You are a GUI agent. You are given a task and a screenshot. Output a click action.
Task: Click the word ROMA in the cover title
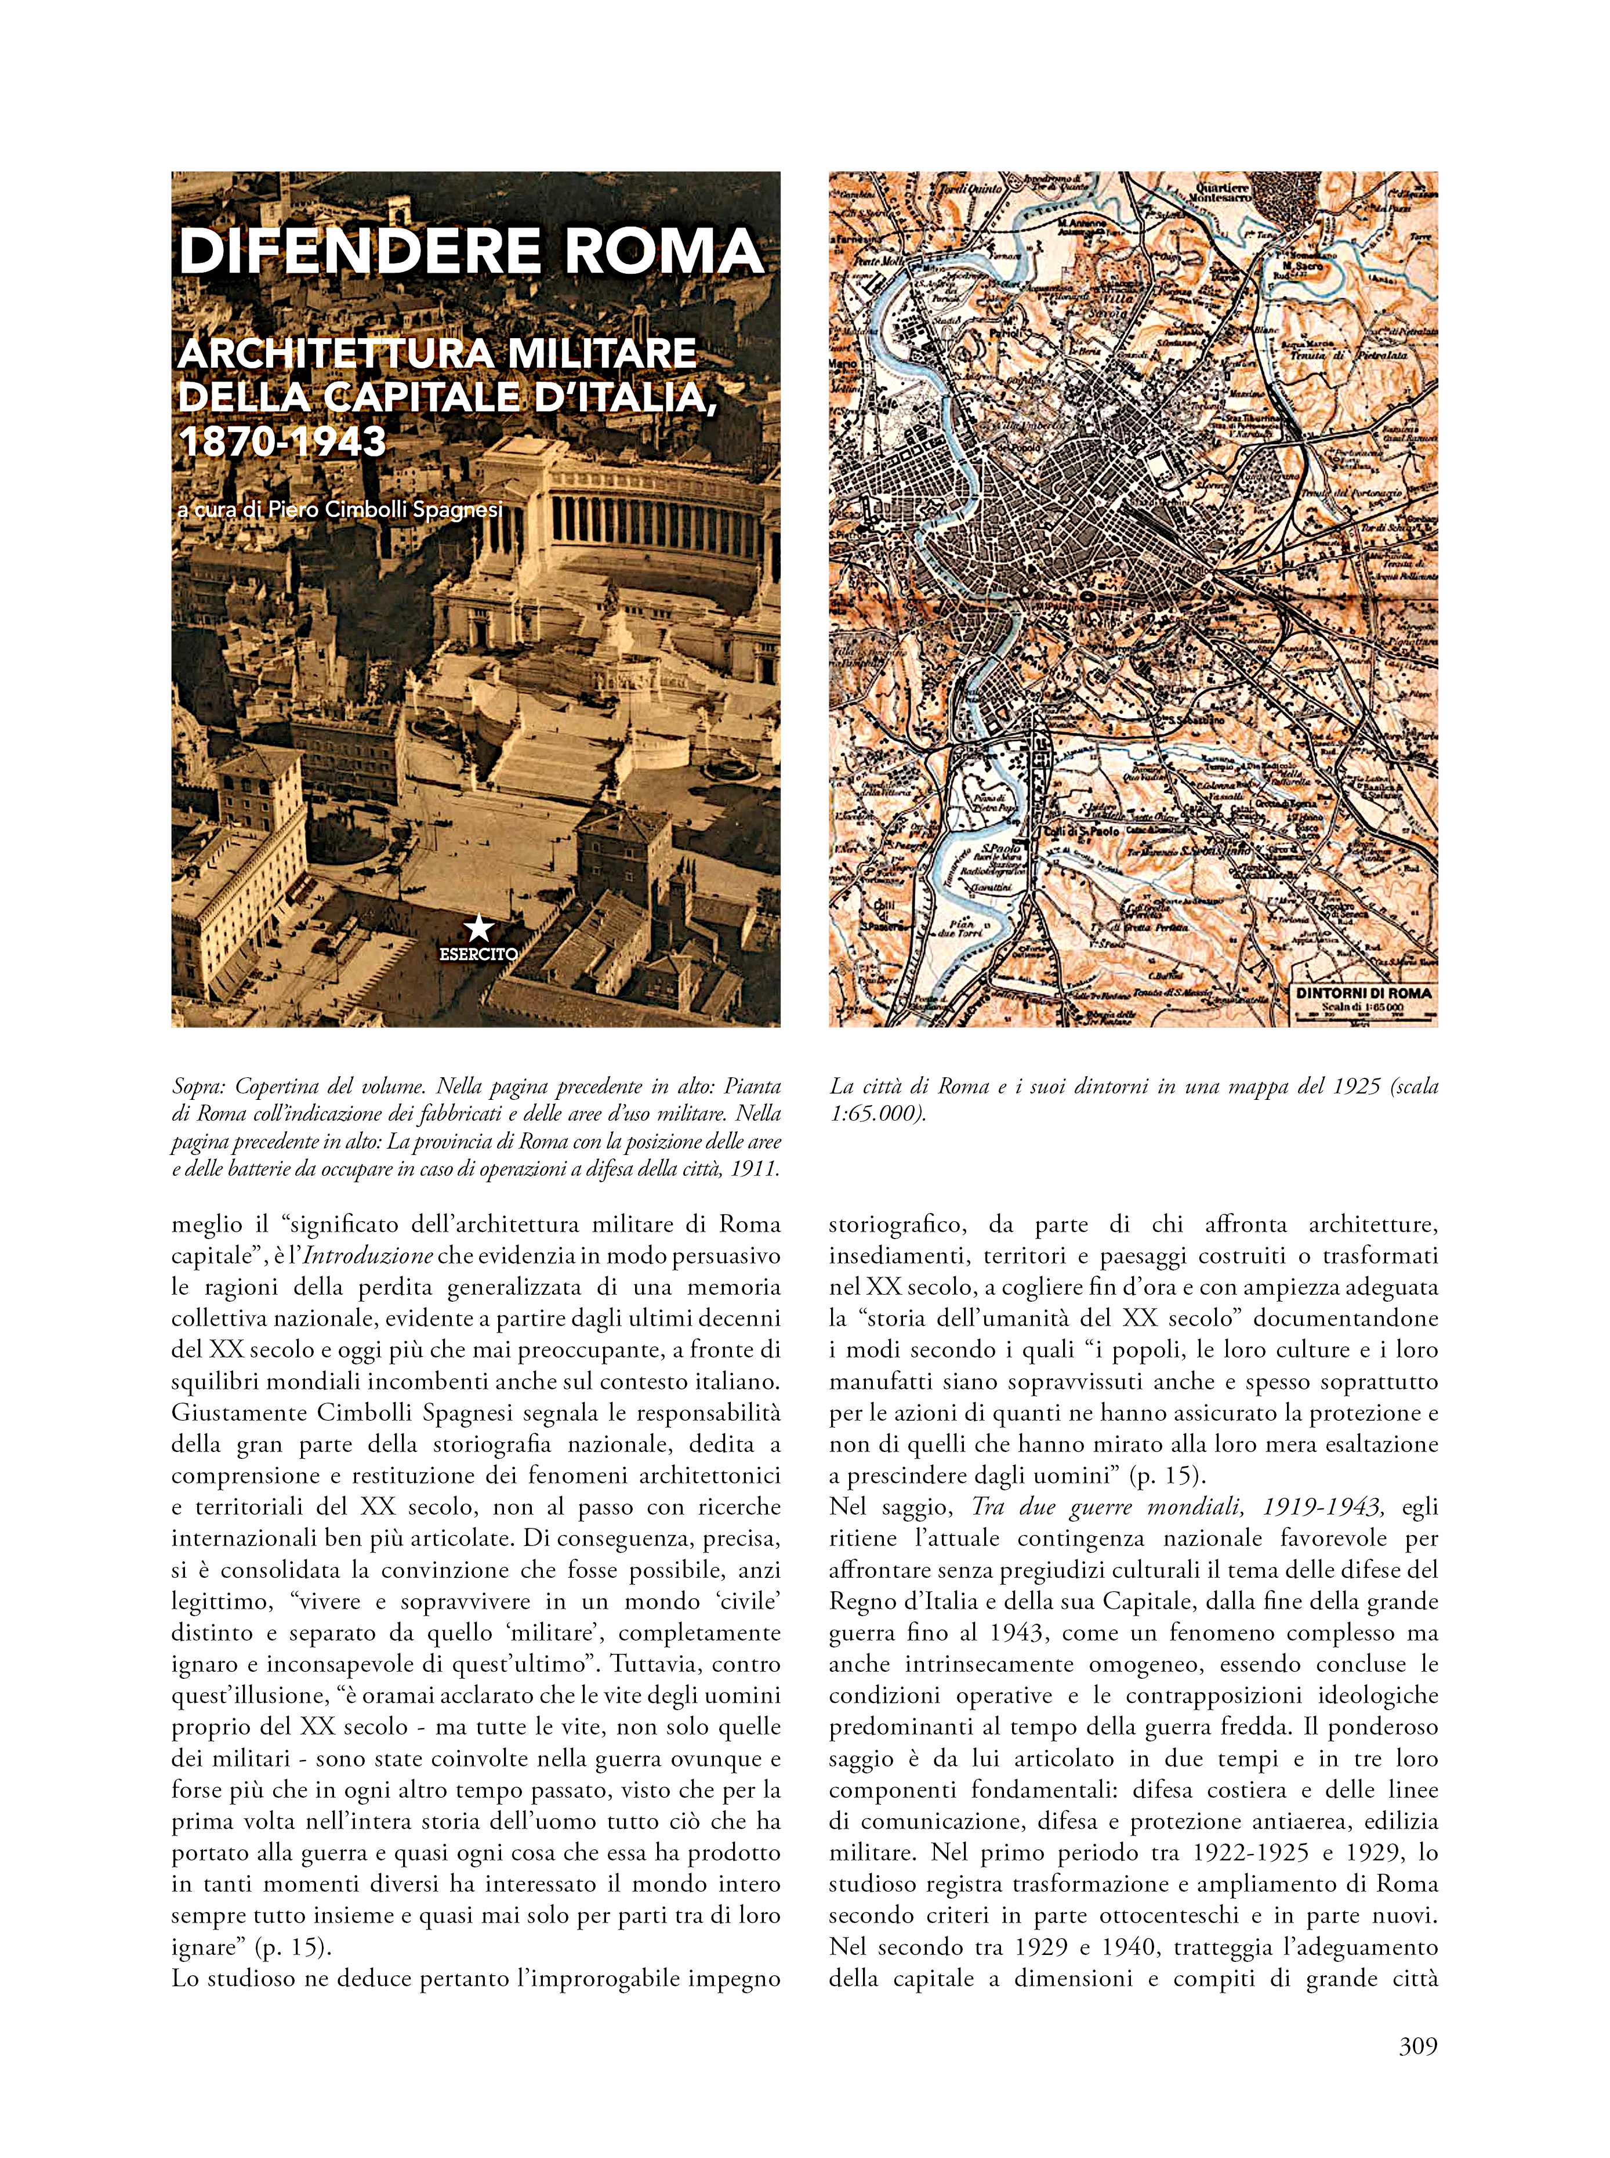[663, 251]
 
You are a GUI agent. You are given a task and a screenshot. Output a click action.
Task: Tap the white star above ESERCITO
[478, 928]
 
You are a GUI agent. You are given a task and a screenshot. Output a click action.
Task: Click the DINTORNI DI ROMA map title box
[1362, 998]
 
